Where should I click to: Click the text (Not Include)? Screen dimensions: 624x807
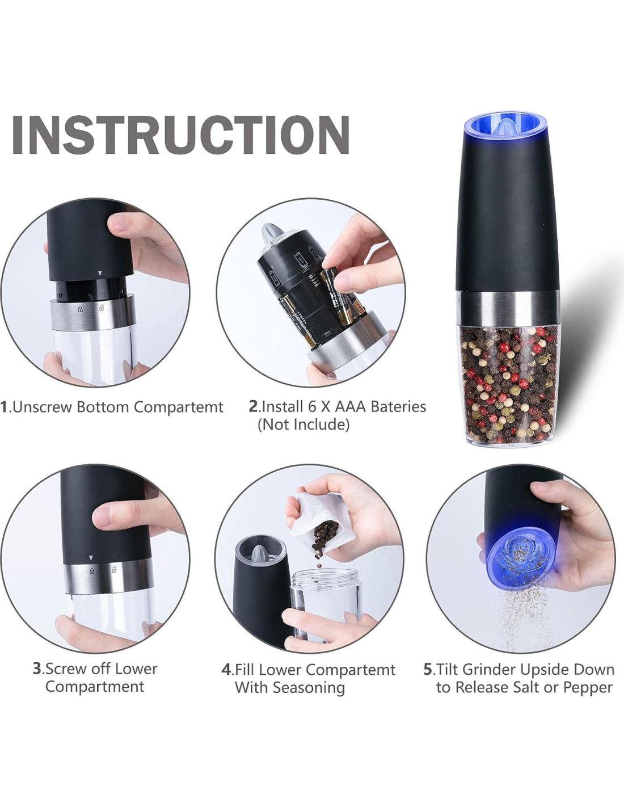click(303, 424)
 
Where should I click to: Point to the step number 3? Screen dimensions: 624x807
click(37, 669)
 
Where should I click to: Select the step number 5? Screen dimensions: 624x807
click(428, 669)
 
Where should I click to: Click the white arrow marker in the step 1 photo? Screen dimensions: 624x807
click(100, 274)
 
